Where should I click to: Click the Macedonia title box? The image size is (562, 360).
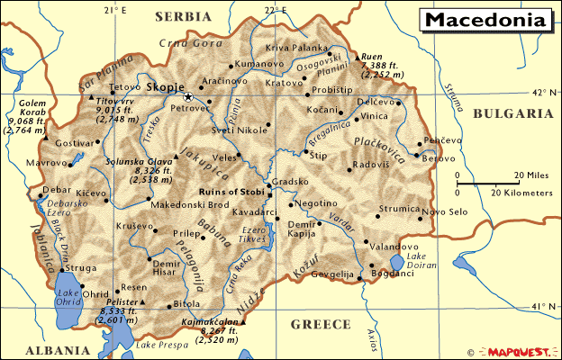(485, 20)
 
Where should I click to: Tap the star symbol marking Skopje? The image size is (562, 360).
(188, 96)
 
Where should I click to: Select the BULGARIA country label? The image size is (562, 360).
(512, 114)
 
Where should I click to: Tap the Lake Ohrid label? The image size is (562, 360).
(68, 299)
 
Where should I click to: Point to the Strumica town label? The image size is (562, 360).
(399, 209)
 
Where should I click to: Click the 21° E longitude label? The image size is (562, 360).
(114, 10)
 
